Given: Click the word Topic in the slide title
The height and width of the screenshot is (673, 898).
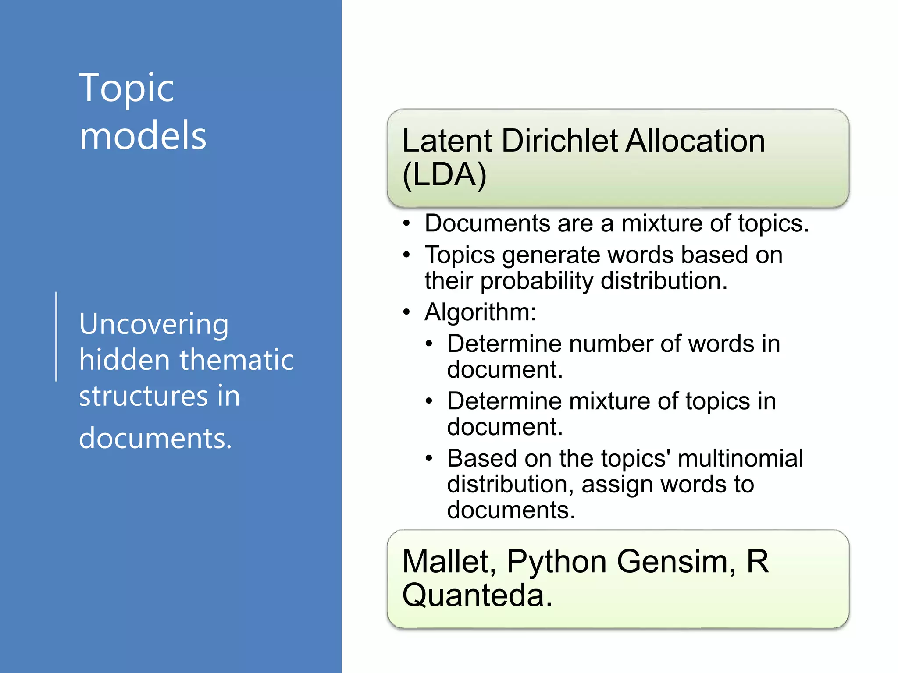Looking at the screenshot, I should (x=126, y=89).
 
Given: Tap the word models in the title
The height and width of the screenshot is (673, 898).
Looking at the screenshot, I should (x=143, y=136).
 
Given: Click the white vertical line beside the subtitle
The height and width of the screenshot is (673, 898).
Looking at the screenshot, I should (x=57, y=336).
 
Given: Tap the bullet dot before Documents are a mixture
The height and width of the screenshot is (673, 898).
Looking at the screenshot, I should (x=407, y=224).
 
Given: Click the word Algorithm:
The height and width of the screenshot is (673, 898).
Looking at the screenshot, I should (x=480, y=312).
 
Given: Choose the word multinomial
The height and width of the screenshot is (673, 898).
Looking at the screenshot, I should (x=740, y=459).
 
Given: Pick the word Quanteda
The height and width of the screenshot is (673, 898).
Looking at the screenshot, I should (x=476, y=596).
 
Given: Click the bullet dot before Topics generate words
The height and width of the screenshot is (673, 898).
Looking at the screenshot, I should (x=407, y=255).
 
